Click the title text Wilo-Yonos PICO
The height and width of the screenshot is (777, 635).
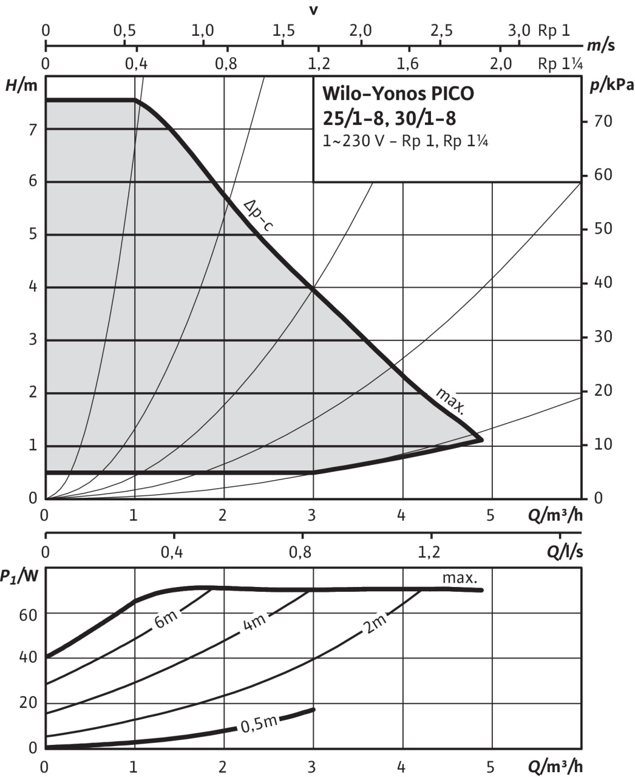[x=398, y=95]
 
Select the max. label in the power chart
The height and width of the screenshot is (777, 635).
[x=460, y=577]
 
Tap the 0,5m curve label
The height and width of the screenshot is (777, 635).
[x=259, y=723]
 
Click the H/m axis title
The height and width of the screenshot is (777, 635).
[x=22, y=86]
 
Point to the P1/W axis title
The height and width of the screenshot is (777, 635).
[x=19, y=577]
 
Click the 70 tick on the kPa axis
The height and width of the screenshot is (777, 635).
[x=603, y=121]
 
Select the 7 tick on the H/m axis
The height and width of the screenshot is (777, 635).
[x=33, y=128]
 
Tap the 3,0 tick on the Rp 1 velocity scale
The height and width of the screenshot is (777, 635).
[x=519, y=30]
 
